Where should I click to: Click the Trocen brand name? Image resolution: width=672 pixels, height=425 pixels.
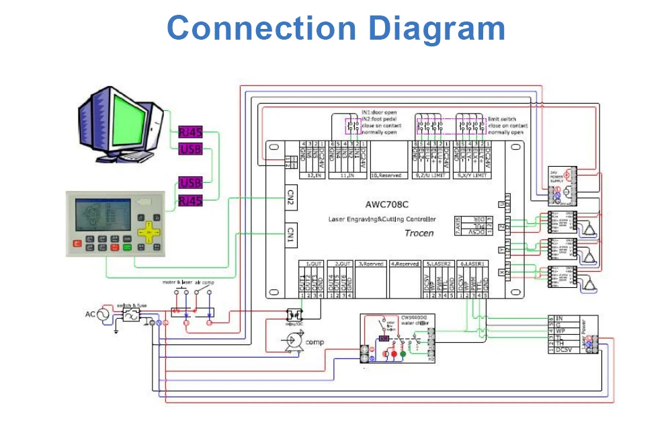tap(419, 233)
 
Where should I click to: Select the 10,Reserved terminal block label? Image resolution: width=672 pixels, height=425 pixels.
tap(386, 176)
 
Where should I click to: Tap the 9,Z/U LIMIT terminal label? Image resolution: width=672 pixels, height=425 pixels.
tap(428, 176)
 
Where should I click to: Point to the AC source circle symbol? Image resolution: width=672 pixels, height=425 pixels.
tap(105, 314)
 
